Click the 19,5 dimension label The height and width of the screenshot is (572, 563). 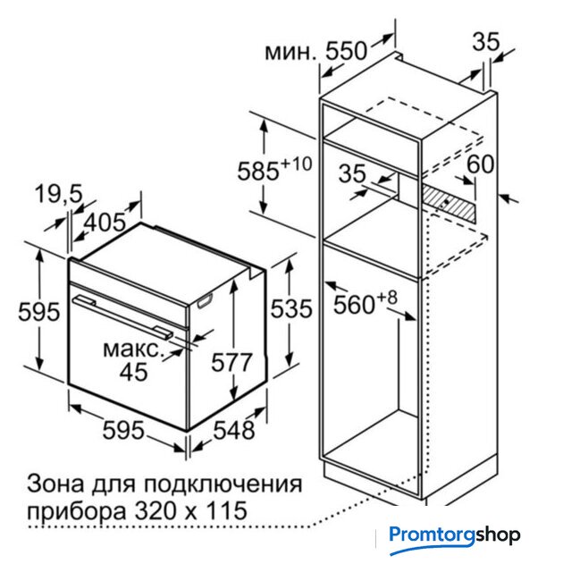[59, 194]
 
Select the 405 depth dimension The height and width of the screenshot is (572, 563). [105, 222]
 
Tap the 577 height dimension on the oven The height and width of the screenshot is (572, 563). [231, 362]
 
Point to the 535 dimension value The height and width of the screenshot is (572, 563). [291, 308]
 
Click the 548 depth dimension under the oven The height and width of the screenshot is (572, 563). [234, 430]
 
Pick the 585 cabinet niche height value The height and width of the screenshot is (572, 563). [258, 171]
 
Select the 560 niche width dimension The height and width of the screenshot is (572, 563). [354, 305]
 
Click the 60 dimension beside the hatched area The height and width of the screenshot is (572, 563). [481, 164]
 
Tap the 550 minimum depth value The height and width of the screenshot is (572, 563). [346, 50]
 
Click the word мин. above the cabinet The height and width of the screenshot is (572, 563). [290, 52]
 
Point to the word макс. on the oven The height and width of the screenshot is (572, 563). [132, 349]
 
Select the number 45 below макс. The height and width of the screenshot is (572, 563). [134, 372]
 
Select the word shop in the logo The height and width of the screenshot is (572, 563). [498, 535]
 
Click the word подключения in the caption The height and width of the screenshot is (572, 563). [223, 484]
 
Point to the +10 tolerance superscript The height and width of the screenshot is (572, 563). [296, 164]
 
